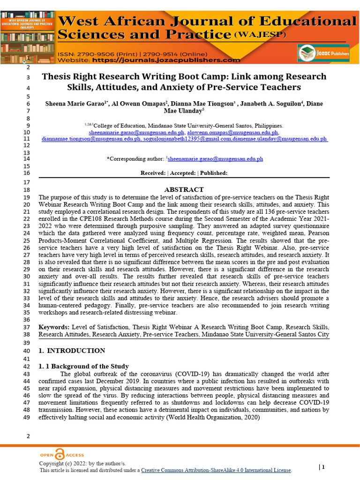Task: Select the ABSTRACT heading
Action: point(184,189)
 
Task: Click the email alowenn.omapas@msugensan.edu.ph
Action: point(228,133)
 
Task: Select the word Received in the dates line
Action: point(153,173)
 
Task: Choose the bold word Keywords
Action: point(53,327)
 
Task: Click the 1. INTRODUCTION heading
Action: point(72,351)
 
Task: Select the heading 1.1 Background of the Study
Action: point(83,366)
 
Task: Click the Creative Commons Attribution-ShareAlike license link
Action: point(216,470)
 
